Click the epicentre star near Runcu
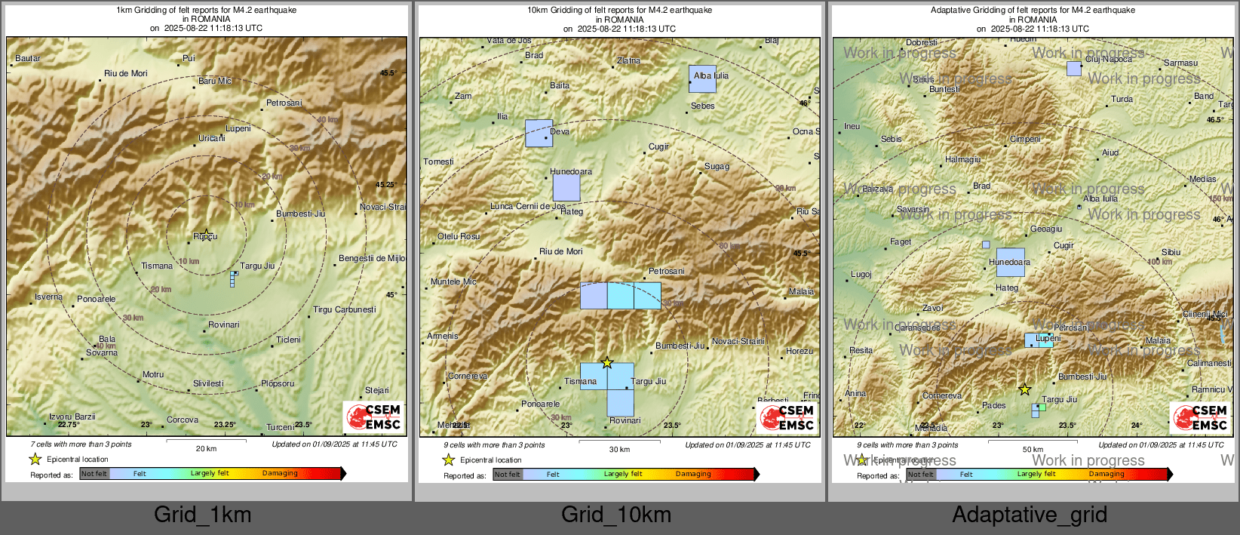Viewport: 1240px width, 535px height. (206, 235)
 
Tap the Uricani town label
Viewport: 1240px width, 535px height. (212, 138)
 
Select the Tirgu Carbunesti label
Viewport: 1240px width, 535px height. (344, 309)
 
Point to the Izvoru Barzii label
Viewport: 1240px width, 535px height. (72, 417)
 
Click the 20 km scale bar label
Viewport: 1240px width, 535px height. (206, 448)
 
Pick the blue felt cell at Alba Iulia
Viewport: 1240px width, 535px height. (702, 78)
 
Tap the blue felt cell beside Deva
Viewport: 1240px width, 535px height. (539, 134)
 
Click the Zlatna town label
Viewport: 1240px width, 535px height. (628, 60)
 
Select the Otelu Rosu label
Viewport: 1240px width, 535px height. (459, 236)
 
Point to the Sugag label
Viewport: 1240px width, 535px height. (717, 166)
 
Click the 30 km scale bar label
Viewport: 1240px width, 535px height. (619, 449)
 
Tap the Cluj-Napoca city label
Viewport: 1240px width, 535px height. (1108, 59)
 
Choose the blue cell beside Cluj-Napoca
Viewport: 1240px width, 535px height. (1073, 69)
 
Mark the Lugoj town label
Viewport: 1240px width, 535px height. (861, 274)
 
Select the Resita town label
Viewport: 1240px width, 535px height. (861, 350)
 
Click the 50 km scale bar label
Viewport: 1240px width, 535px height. (1033, 449)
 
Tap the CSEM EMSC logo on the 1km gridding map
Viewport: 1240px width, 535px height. (373, 417)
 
